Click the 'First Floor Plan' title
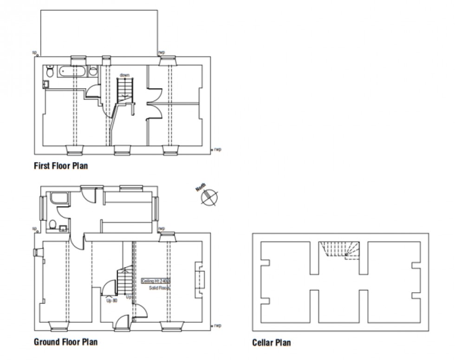pos(60,166)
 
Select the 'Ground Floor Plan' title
pos(65,342)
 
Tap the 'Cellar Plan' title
pos(272,343)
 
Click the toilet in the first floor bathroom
pos(50,72)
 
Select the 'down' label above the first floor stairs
pos(124,75)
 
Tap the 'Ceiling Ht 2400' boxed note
pos(156,281)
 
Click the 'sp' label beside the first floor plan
pos(34,52)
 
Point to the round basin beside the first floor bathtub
pos(93,72)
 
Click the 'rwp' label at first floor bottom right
pos(217,150)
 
